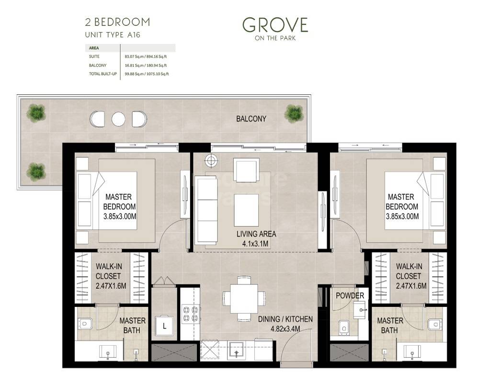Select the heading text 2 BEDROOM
click(117, 22)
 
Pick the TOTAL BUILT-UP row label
click(103, 74)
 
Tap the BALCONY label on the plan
click(251, 119)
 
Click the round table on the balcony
click(118, 119)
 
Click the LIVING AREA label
click(256, 234)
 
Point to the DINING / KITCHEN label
click(285, 319)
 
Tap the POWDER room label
click(350, 295)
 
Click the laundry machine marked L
click(164, 327)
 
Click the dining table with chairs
click(243, 298)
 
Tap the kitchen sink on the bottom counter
click(237, 351)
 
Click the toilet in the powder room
click(343, 327)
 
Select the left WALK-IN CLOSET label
click(108, 276)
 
